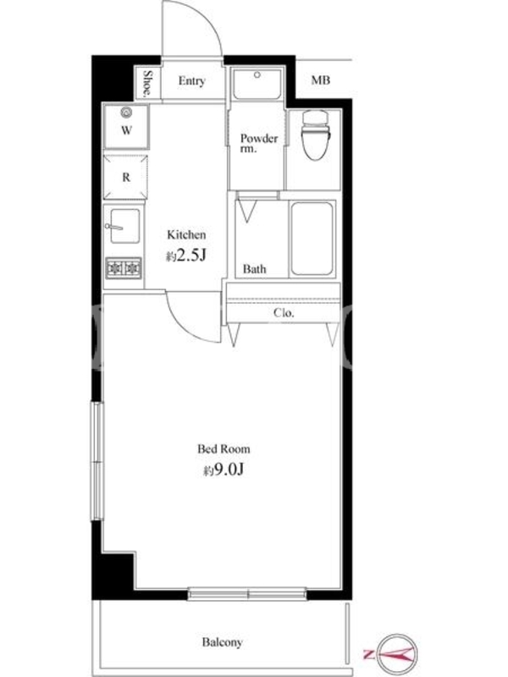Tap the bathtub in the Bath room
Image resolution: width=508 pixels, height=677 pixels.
click(312, 239)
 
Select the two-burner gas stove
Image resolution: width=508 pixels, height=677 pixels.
click(124, 268)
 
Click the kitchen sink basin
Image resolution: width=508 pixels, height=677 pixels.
click(124, 226)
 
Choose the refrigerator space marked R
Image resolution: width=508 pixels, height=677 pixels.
click(125, 177)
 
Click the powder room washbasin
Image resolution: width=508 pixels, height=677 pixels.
click(257, 83)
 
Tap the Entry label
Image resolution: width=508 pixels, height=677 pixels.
click(192, 80)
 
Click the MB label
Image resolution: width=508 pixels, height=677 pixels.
click(321, 80)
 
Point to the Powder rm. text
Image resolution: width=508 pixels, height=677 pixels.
click(259, 143)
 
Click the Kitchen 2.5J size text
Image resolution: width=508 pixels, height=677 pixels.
click(186, 256)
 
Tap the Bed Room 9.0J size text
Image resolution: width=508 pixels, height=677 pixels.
click(224, 470)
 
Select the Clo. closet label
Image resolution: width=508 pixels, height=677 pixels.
click(284, 312)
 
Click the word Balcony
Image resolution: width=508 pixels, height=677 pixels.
click(223, 642)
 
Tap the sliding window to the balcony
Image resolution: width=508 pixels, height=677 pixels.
click(247, 594)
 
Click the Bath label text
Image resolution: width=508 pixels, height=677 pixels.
click(255, 269)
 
